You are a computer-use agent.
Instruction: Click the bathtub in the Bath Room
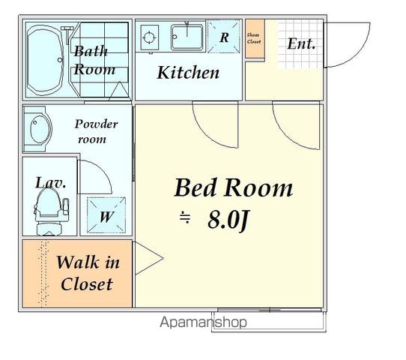45,60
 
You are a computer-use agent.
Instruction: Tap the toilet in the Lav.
50,211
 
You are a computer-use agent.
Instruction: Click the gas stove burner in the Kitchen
149,37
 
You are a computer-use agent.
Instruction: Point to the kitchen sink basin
187,37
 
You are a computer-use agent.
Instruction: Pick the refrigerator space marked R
224,36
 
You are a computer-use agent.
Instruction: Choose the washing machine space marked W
106,215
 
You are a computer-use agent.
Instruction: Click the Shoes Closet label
254,38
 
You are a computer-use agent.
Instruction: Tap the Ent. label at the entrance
301,43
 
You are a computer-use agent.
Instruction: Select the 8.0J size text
228,220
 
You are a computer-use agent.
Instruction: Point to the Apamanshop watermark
203,322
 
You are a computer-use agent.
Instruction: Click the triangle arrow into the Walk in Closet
148,258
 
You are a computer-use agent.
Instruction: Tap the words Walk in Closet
88,273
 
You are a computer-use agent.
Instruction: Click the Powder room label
96,131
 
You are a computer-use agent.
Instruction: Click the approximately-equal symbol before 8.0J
185,217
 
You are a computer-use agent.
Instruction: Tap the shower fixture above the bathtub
67,34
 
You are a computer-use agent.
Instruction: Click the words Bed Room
234,187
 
